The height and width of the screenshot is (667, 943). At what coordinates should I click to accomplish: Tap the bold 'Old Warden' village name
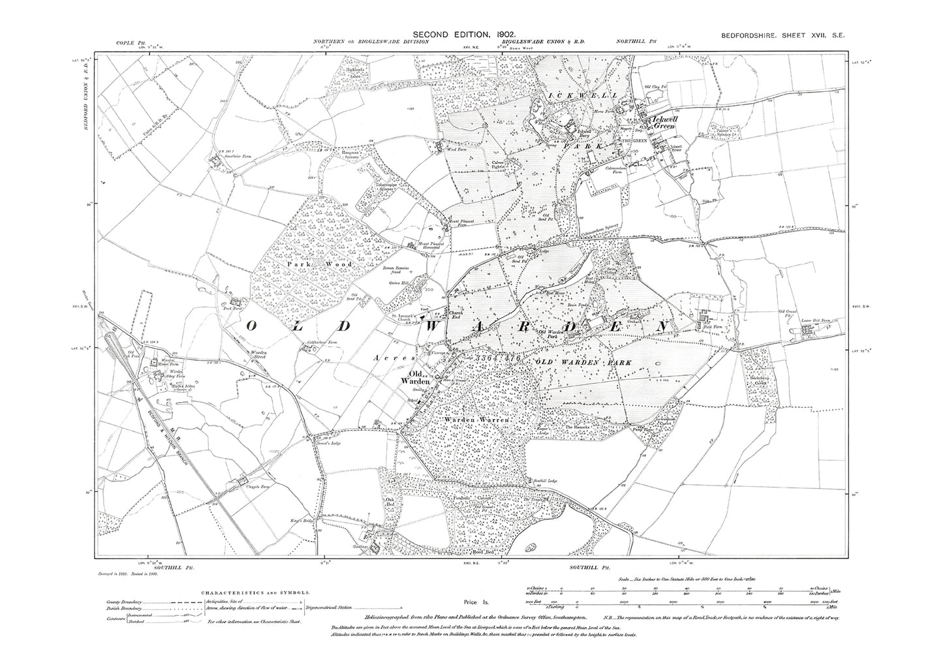point(418,377)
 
